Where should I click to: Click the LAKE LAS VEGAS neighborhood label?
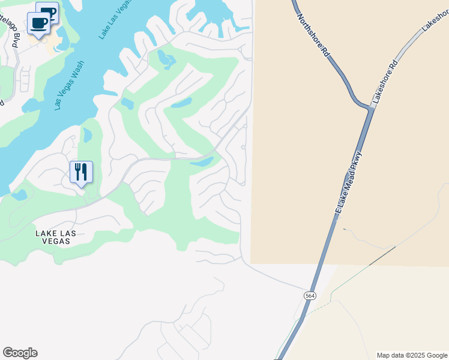[x=53, y=237]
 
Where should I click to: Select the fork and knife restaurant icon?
[x=81, y=172]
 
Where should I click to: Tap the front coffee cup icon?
[x=39, y=23]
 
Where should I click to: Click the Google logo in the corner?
[x=20, y=353]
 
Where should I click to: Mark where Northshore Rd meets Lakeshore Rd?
[x=367, y=108]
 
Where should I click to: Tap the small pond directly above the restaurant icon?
[x=88, y=135]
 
